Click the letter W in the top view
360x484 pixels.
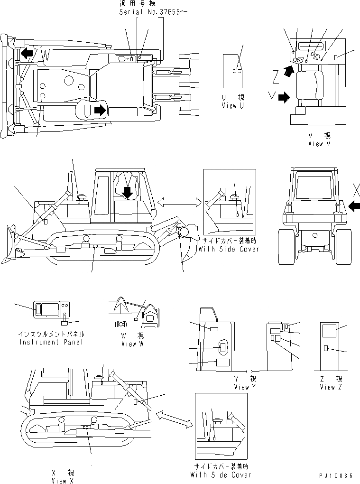pos(46,55)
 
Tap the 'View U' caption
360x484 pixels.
pos(233,106)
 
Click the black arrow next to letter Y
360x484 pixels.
pos(284,98)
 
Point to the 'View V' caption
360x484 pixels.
pos(322,143)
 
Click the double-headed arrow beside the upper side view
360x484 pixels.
pos(177,203)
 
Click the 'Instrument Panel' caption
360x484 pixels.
pos(51,342)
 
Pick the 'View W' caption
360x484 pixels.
pos(129,344)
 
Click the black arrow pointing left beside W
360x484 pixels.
pos(27,53)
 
